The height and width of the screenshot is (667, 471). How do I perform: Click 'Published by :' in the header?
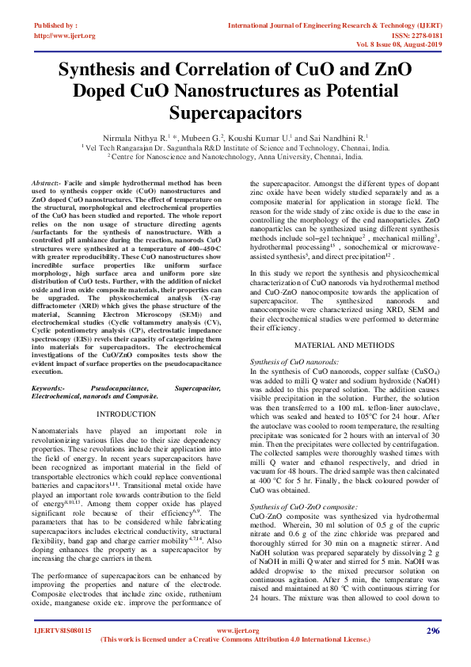pos(55,26)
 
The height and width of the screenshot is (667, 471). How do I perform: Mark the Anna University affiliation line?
pos(235,157)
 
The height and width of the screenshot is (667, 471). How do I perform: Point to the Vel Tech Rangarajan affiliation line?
pos(235,147)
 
